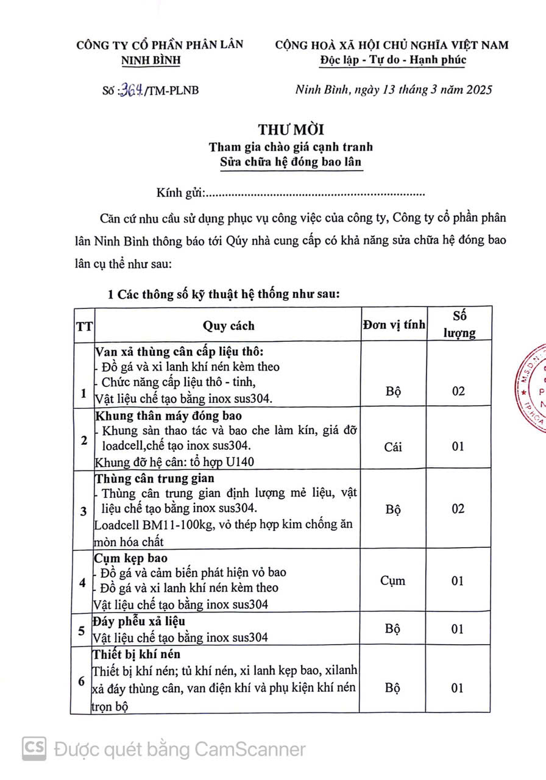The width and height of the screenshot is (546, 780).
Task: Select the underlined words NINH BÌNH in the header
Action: pyautogui.click(x=151, y=60)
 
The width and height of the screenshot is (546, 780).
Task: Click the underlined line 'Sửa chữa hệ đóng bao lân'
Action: pyautogui.click(x=291, y=163)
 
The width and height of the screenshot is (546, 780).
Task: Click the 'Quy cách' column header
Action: pyautogui.click(x=229, y=325)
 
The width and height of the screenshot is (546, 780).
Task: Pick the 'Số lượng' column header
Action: pyautogui.click(x=459, y=324)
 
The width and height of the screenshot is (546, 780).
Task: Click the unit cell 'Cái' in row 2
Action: pyautogui.click(x=393, y=447)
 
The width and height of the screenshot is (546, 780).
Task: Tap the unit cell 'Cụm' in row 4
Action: pyautogui.click(x=393, y=581)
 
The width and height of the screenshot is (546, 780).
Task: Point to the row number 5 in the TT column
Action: pyautogui.click(x=82, y=630)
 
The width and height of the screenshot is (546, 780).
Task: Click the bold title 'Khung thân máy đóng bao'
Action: pyautogui.click(x=169, y=416)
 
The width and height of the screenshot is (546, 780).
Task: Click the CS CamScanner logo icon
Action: pyautogui.click(x=35, y=748)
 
